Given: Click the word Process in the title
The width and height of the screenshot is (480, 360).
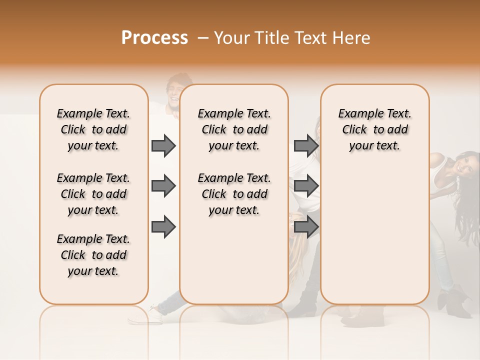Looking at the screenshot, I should (x=154, y=38).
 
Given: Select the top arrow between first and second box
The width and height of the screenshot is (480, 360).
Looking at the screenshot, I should (x=163, y=145).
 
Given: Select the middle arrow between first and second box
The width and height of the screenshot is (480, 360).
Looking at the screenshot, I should (x=163, y=186).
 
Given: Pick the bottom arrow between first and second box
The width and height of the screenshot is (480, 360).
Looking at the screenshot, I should (x=163, y=227).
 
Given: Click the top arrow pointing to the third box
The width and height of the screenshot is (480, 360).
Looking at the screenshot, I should (x=306, y=145).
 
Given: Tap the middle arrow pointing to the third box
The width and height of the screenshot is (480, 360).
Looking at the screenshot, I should (x=306, y=186).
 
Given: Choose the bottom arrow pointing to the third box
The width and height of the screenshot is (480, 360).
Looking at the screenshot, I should (x=306, y=227).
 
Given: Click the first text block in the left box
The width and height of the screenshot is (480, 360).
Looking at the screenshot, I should (x=93, y=129).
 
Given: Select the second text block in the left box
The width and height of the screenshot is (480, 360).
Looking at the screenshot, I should (x=93, y=194).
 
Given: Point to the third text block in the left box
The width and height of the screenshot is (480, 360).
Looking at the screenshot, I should (x=93, y=255).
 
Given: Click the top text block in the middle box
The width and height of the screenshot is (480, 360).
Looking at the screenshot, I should (x=234, y=129).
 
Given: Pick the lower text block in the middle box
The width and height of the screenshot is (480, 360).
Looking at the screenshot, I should (x=234, y=194).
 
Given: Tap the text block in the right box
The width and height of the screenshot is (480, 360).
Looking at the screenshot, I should (x=375, y=129).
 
